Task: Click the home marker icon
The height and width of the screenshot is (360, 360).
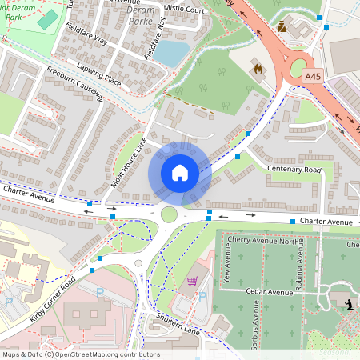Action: [x=180, y=172]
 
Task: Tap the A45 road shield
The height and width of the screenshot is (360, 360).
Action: [x=314, y=77]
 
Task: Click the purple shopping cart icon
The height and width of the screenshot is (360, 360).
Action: [x=192, y=281]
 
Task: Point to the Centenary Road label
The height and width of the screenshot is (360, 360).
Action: [x=294, y=170]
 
